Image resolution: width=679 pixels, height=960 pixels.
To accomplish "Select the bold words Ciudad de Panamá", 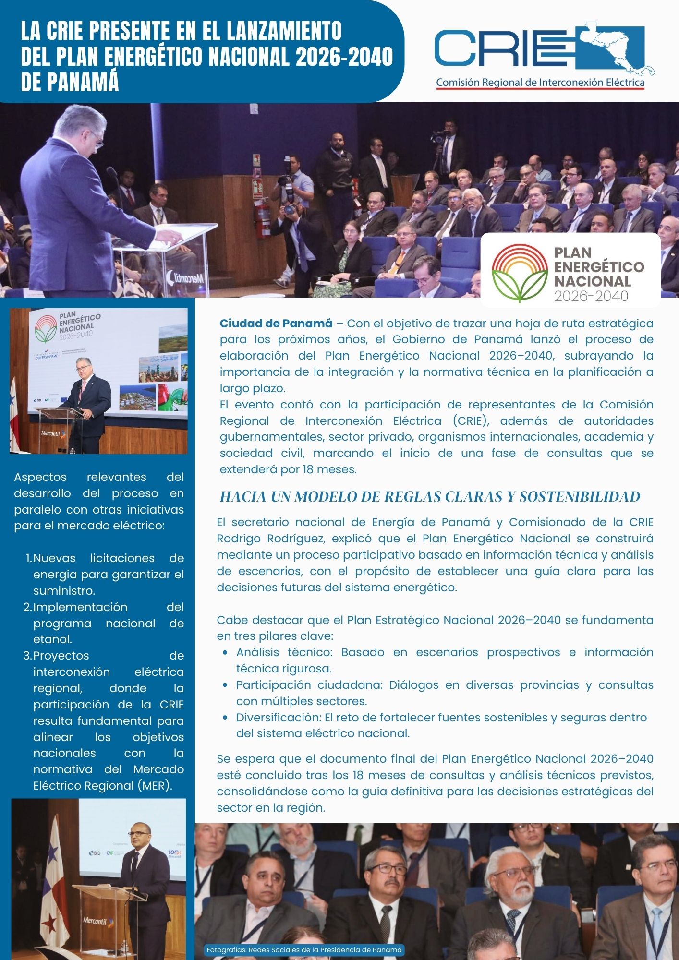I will [x=276, y=324].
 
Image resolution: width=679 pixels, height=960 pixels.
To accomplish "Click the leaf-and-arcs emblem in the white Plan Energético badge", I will [x=520, y=272].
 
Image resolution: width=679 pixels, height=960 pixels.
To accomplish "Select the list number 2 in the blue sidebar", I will [x=27, y=607].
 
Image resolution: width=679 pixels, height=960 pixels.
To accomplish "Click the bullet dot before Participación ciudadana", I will [x=225, y=685].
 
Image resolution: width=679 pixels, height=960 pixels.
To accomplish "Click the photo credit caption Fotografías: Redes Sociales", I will [x=304, y=949].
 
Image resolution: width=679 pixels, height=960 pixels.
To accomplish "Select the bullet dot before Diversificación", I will [x=225, y=718].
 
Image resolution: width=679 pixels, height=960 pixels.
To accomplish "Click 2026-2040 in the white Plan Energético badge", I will [x=591, y=296].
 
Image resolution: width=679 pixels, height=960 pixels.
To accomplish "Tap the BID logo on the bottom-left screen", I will [x=94, y=853].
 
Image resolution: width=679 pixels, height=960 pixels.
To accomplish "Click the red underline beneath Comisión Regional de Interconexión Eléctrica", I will [x=540, y=89].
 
